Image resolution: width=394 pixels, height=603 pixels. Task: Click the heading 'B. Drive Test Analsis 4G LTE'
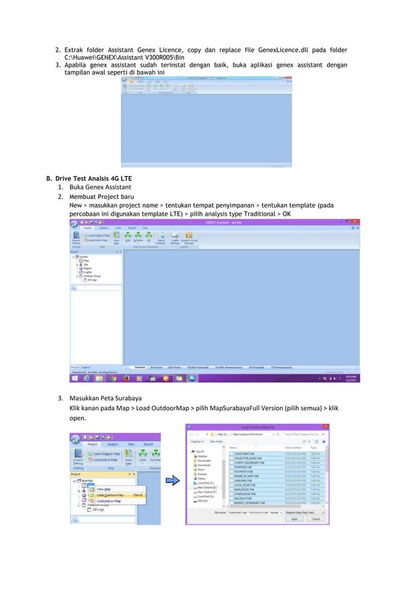[90, 179]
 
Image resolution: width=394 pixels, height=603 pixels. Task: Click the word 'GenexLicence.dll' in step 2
[270, 49]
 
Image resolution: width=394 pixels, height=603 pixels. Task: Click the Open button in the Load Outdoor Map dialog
[295, 519]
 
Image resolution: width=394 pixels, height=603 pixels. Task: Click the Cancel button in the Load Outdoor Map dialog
[316, 519]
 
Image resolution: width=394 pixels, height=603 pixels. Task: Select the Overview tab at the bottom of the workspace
[140, 366]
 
